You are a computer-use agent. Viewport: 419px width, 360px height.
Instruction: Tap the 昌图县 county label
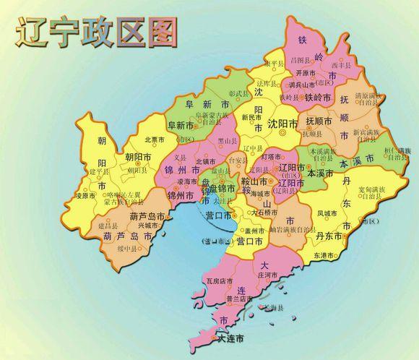(x=298, y=60)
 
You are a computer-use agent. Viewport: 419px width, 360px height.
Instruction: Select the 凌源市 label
(x=85, y=196)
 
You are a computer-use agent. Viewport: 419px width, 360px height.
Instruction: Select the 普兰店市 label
(x=239, y=299)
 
